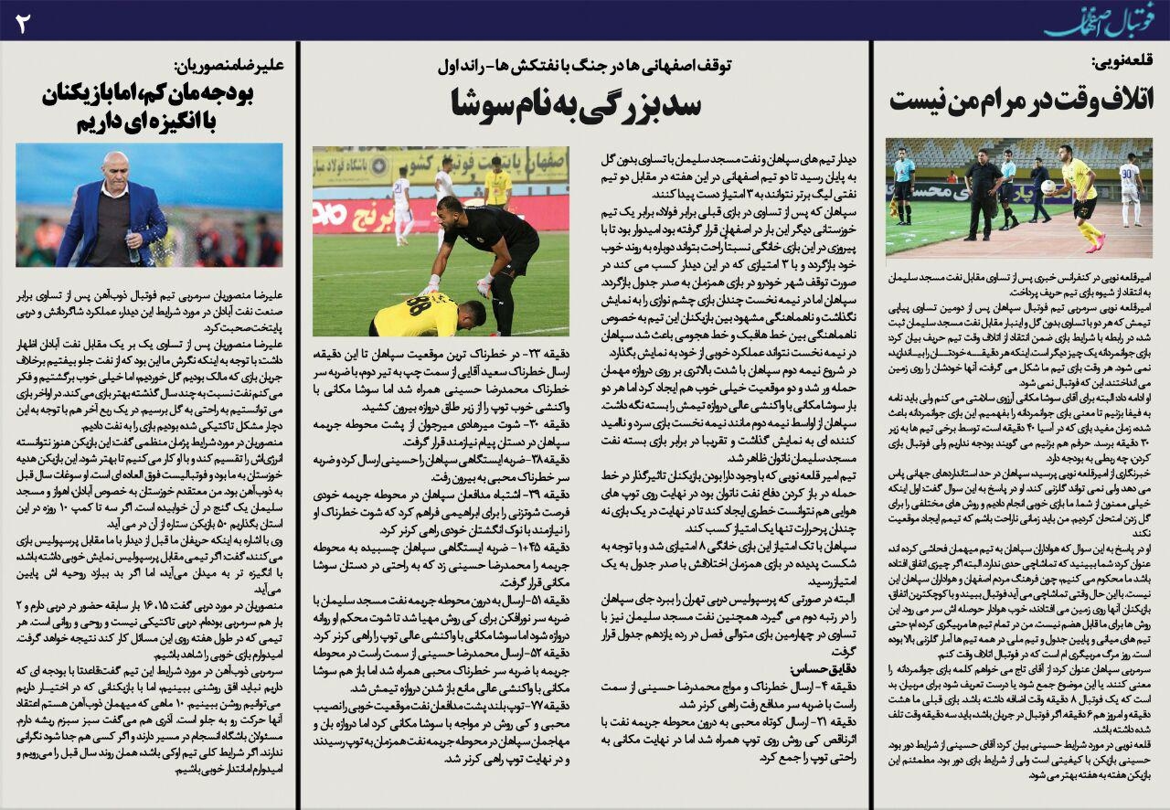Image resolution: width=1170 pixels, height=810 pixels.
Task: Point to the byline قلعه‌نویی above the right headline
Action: (x=1122, y=62)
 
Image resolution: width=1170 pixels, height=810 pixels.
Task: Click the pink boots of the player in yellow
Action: (x=1093, y=242)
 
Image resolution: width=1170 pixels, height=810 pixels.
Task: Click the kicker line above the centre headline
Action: (x=589, y=66)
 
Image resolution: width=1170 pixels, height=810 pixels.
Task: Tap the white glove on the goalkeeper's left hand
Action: (x=431, y=284)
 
